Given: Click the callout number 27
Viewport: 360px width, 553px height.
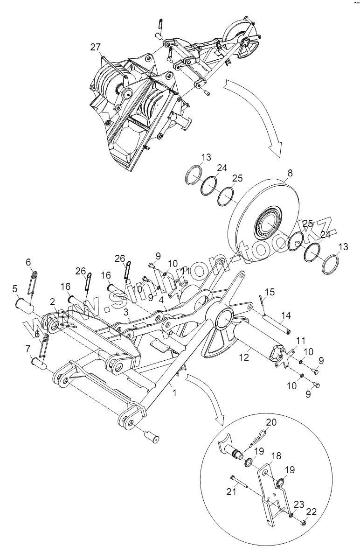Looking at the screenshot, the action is [96, 47].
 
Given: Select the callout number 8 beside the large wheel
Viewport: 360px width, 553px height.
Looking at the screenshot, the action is [290, 173].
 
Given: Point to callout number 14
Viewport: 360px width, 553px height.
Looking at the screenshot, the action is [286, 315].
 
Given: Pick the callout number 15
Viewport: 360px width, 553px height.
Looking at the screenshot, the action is [270, 292].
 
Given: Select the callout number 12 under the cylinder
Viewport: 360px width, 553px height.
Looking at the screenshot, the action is [244, 357].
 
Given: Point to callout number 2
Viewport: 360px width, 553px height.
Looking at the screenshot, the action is [53, 302].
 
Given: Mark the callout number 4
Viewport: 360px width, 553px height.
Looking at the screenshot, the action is [161, 300].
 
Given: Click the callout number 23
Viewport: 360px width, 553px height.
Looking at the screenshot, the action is [299, 504].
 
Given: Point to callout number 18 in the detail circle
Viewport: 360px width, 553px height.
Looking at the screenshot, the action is [277, 455].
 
